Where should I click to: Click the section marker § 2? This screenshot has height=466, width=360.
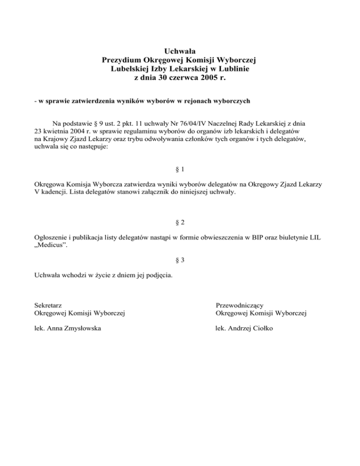tap(180, 222)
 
